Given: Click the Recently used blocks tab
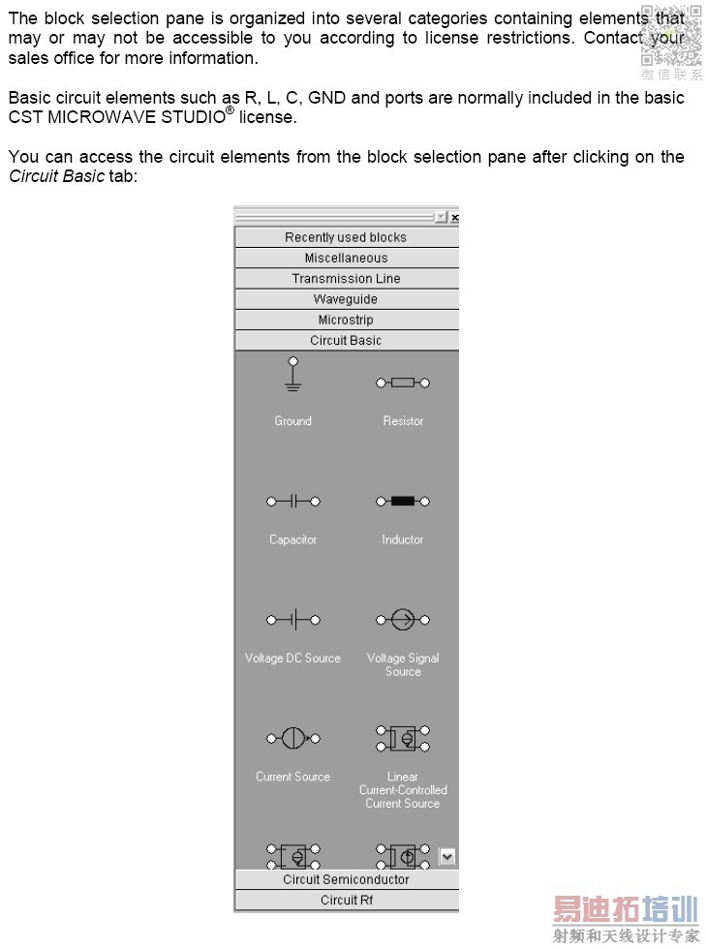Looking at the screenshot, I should (346, 237).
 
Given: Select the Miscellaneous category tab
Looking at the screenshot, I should (346, 258).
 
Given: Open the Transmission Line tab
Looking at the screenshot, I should (346, 278).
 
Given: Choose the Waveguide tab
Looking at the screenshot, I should (346, 299).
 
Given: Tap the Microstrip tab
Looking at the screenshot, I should (346, 320).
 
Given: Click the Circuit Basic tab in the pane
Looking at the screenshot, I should (346, 340).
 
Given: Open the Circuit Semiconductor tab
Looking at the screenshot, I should (346, 879).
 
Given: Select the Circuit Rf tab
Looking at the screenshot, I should (346, 900).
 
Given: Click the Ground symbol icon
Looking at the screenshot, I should (292, 375).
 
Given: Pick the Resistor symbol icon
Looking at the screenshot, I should (403, 383).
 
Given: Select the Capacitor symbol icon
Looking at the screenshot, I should (292, 502).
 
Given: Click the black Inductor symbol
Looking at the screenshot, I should (403, 502).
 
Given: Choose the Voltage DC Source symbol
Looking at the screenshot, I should (292, 620).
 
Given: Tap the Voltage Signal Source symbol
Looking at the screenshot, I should (403, 620).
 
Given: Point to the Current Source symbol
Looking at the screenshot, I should (292, 739).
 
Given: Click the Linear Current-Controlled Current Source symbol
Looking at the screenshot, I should (403, 739).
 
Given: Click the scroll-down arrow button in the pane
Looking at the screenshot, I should (446, 856).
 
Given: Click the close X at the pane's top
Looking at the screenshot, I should (454, 218).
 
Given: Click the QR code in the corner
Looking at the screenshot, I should (670, 36).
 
